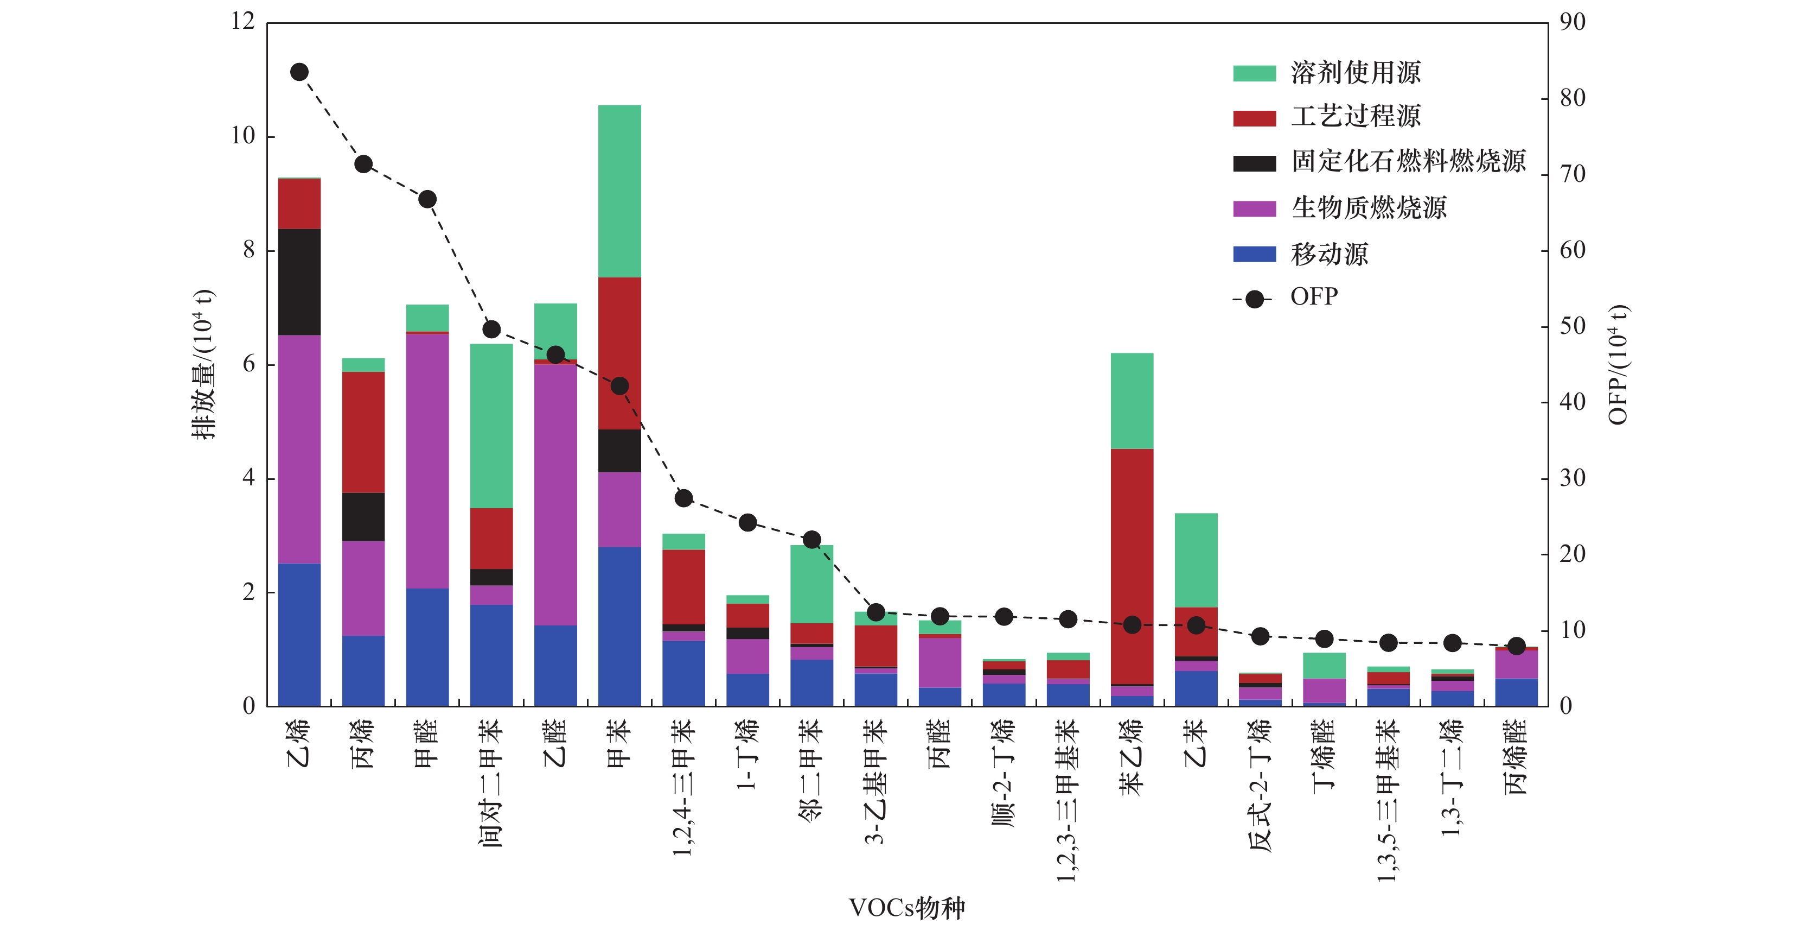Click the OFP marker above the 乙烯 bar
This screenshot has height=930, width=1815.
(x=299, y=72)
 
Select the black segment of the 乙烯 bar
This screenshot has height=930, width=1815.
(x=299, y=282)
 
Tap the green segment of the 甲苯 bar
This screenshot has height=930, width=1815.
(x=619, y=191)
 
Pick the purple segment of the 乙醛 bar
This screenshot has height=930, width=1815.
(x=555, y=494)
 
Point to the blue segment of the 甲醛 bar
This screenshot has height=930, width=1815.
(x=427, y=647)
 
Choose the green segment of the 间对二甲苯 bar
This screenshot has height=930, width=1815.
(x=491, y=426)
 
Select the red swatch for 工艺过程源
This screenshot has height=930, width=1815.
(x=1254, y=118)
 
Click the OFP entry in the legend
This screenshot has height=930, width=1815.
(x=1313, y=297)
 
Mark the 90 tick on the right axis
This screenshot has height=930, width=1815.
(x=1573, y=22)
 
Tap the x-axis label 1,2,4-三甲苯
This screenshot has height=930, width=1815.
(x=683, y=787)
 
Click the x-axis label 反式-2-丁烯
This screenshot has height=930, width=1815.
(x=1260, y=785)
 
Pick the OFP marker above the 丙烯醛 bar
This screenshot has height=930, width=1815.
(x=1516, y=646)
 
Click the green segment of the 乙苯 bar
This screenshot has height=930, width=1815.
(x=1196, y=560)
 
